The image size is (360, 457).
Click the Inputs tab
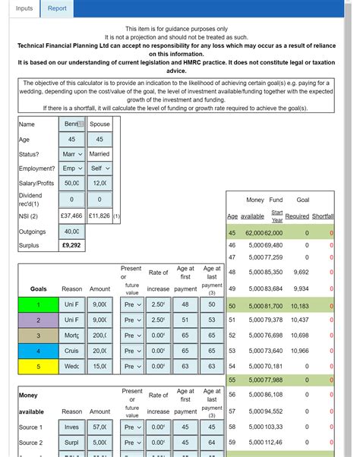(24, 9)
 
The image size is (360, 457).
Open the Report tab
(57, 9)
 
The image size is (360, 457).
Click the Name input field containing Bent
(71, 124)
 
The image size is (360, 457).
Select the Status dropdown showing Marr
(71, 153)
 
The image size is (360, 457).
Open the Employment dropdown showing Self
(99, 169)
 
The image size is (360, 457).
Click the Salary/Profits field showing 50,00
(71, 183)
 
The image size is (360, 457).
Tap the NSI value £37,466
(71, 216)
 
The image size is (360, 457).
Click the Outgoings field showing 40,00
(71, 231)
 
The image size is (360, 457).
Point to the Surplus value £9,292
(71, 246)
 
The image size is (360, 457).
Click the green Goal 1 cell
(38, 304)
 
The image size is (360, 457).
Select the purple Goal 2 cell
(38, 320)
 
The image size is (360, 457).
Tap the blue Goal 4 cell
(38, 351)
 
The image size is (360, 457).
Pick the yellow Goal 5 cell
(38, 366)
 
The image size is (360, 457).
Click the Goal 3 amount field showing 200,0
(99, 335)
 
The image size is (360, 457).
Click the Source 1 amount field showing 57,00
(99, 427)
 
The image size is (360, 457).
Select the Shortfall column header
(322, 216)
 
